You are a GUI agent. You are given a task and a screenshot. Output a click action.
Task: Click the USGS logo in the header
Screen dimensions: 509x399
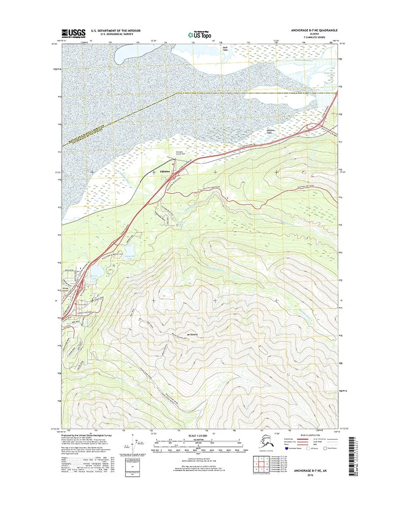(74, 33)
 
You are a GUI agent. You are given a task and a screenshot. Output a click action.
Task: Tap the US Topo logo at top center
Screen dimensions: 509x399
(199, 34)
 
